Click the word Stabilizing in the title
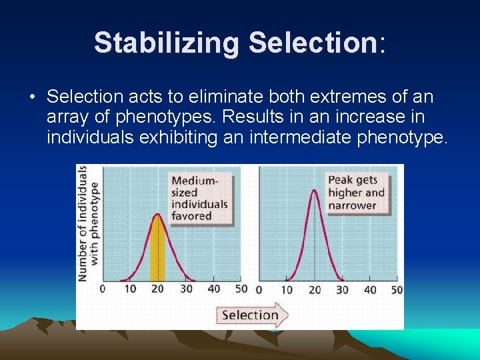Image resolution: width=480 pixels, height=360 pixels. (x=167, y=43)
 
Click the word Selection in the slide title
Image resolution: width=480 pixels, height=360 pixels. (x=313, y=43)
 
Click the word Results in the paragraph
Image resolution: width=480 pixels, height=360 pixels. (x=247, y=118)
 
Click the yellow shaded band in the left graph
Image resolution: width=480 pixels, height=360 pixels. (x=157, y=250)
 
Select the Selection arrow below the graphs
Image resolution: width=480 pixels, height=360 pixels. (x=252, y=315)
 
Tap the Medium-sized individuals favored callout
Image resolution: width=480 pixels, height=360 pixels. (x=199, y=198)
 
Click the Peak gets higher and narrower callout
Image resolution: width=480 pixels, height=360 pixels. (x=357, y=192)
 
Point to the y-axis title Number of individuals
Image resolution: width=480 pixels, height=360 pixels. (x=83, y=223)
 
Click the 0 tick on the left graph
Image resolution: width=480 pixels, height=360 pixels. (x=102, y=289)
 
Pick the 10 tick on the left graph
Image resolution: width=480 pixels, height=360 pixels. (x=130, y=289)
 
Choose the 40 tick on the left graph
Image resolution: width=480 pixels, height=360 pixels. (x=214, y=289)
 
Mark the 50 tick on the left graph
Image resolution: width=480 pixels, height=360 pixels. (x=241, y=289)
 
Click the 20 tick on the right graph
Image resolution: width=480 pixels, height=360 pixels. (x=315, y=290)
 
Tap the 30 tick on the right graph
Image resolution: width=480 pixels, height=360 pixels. (x=342, y=290)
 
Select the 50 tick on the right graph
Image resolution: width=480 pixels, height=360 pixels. (x=397, y=290)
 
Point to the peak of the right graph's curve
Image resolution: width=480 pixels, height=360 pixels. (x=315, y=190)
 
